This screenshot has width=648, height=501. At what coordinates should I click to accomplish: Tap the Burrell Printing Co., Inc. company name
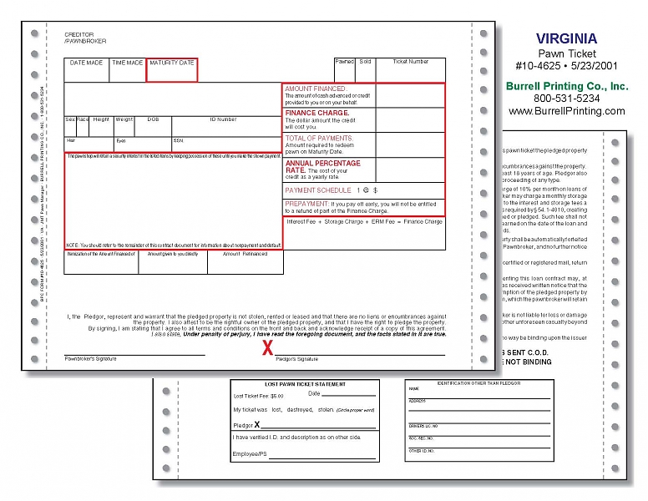(566, 86)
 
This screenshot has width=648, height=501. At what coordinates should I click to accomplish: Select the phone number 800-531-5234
(566, 99)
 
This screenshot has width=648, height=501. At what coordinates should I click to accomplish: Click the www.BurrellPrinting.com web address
(566, 111)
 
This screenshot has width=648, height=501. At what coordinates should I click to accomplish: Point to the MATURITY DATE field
(171, 63)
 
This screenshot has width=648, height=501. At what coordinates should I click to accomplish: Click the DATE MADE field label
(86, 63)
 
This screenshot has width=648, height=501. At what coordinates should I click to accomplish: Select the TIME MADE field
(128, 63)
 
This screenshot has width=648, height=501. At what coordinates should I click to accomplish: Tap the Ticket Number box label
(410, 62)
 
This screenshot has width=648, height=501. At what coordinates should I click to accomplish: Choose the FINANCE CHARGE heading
(317, 113)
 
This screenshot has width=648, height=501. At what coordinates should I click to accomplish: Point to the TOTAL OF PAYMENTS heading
(319, 138)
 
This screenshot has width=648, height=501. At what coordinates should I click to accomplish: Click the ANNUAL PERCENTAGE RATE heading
(322, 166)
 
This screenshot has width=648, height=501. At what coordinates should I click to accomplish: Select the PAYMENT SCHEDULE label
(318, 190)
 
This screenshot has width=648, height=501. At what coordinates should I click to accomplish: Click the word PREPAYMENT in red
(306, 203)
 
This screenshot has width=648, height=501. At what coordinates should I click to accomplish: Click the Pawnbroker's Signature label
(91, 359)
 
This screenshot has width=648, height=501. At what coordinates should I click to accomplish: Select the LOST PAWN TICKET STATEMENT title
(304, 384)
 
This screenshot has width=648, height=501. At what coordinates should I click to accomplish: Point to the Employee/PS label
(250, 454)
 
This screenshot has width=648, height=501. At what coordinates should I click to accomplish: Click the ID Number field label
(223, 119)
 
